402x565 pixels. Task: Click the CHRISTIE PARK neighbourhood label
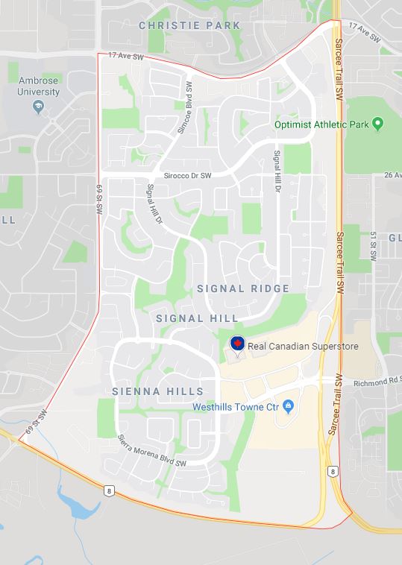189,25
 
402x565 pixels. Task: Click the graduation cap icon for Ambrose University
37,107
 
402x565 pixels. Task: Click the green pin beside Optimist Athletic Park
377,123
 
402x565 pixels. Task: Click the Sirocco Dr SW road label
183,174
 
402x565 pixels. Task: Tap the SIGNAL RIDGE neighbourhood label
242,288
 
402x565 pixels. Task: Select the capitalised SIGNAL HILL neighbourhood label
197,318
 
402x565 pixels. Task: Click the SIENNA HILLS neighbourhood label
157,391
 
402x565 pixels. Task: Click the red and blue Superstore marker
236,344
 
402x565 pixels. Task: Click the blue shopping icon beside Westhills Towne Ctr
289,406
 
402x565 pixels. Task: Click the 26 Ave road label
392,174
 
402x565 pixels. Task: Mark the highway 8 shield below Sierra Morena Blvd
109,489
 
